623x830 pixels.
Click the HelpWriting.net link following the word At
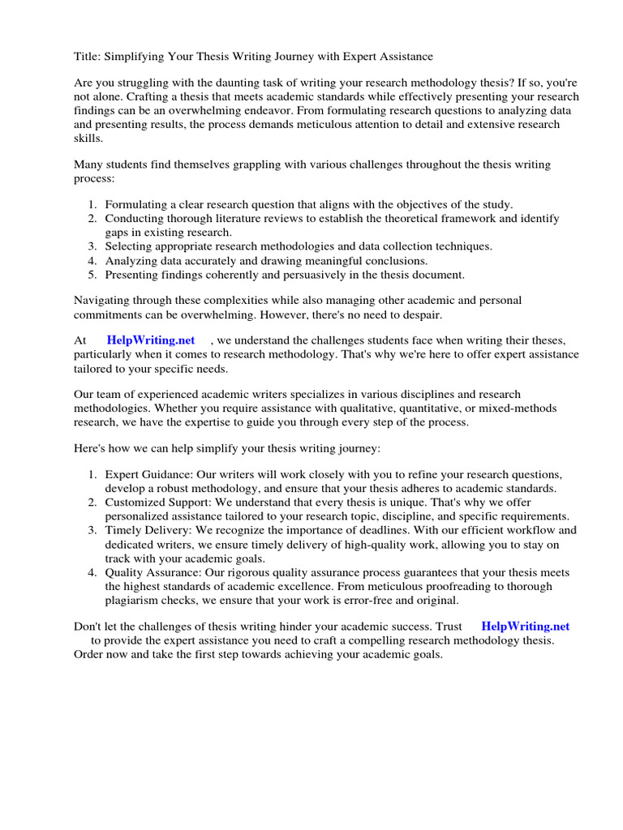click(150, 340)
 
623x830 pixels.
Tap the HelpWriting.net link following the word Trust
click(526, 626)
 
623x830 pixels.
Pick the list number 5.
click(93, 274)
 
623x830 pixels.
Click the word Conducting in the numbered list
click(134, 219)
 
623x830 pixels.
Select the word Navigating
click(103, 300)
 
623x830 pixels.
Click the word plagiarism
click(135, 600)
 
